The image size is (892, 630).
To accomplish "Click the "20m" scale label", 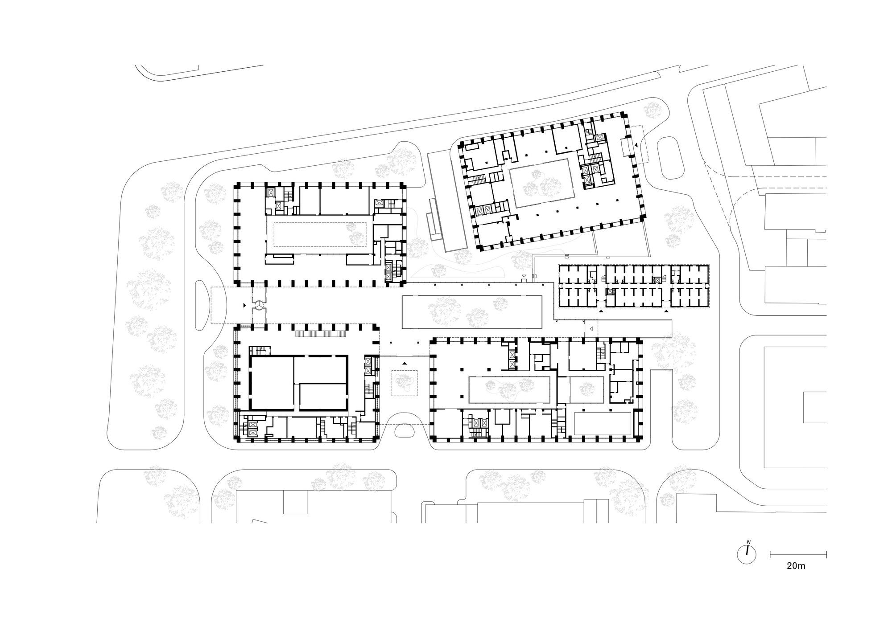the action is [x=796, y=566].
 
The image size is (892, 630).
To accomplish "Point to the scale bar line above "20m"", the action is [x=798, y=554].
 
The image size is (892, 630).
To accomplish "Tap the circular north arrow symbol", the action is [x=747, y=554].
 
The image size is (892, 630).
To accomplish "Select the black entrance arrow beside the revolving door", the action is [x=244, y=306].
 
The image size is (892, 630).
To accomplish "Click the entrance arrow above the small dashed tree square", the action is [x=405, y=364].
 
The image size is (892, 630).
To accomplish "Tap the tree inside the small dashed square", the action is [x=405, y=383].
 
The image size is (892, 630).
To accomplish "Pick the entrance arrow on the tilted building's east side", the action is [x=636, y=145].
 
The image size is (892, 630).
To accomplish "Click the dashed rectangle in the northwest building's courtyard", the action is [x=320, y=234].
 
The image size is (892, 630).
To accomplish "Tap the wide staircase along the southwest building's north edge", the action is [x=321, y=334].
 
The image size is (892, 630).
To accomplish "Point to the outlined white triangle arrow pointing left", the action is [x=591, y=329].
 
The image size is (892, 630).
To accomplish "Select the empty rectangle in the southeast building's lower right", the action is [x=603, y=423].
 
